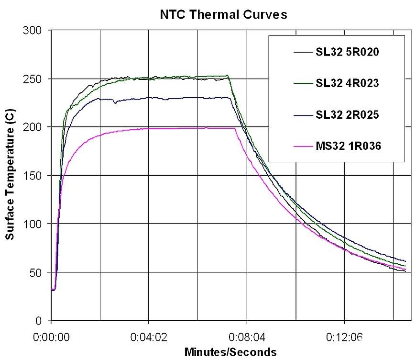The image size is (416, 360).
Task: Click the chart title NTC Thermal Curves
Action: point(223,15)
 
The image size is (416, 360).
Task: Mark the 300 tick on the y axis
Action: point(35,31)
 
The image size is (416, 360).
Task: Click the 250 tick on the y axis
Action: point(35,79)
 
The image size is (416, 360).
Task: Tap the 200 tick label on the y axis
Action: point(35,127)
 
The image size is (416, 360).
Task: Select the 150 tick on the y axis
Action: point(35,176)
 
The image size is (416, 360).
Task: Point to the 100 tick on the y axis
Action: point(35,224)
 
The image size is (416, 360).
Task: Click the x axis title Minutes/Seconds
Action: point(230,352)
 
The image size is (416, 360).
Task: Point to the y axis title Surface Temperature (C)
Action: point(10,175)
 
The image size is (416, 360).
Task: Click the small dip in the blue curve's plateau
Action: point(114,102)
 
